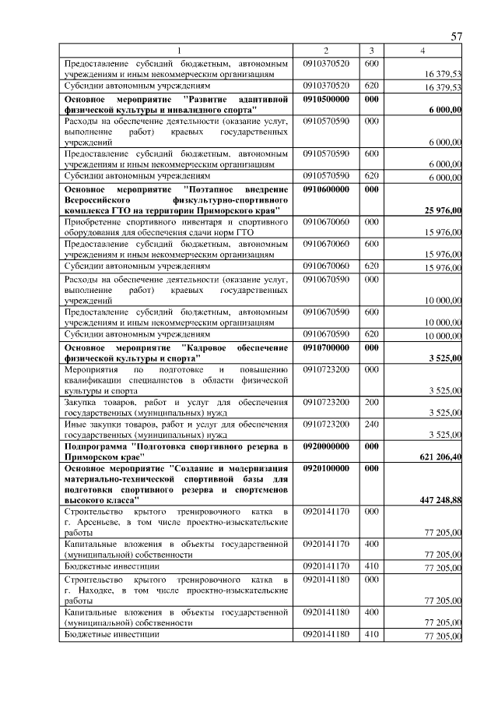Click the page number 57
pyautogui.click(x=457, y=37)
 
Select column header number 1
pyautogui.click(x=177, y=51)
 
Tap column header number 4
pyautogui.click(x=422, y=51)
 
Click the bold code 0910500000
pyautogui.click(x=327, y=100)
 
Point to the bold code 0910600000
pyautogui.click(x=327, y=189)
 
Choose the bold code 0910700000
pyautogui.click(x=327, y=347)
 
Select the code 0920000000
pyautogui.click(x=327, y=446)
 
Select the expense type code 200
pyautogui.click(x=371, y=402)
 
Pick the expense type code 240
pyautogui.click(x=371, y=425)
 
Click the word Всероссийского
pyautogui.click(x=103, y=200)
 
